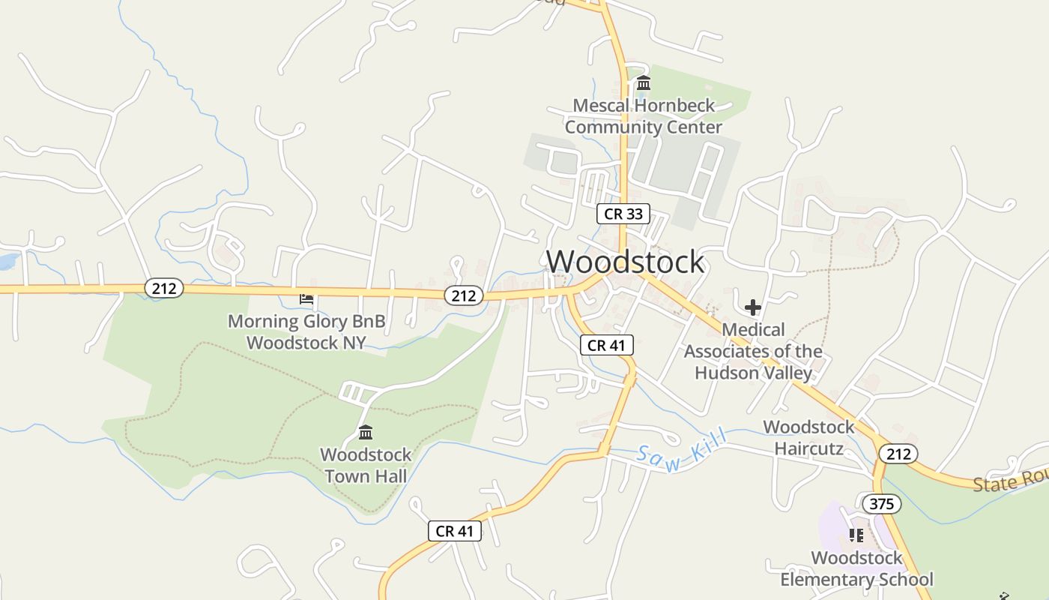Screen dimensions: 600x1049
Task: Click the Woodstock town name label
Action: [x=625, y=261]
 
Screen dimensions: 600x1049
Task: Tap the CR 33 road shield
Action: [x=623, y=214]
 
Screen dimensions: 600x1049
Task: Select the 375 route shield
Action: [x=881, y=504]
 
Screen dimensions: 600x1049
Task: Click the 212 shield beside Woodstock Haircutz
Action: [x=898, y=453]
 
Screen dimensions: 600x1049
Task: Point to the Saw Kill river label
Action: [x=682, y=451]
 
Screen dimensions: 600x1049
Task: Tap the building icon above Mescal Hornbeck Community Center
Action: [x=643, y=82]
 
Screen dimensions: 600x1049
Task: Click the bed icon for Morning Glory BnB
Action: [x=306, y=299]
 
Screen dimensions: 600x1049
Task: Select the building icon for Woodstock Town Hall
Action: [x=366, y=433]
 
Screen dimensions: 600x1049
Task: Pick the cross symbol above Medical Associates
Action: [x=753, y=307]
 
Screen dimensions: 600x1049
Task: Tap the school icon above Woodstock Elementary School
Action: [x=856, y=535]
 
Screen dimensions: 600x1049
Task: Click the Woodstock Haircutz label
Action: [x=808, y=438]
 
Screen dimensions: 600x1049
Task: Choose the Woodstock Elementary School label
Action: [x=856, y=569]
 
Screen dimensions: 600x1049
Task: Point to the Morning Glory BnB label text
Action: [x=306, y=332]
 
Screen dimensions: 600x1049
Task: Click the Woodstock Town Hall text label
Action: [x=366, y=466]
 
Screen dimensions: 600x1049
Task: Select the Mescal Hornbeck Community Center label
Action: [x=643, y=116]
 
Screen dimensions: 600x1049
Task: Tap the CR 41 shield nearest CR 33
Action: [x=607, y=345]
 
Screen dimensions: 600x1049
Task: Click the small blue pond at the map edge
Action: [x=7, y=261]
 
